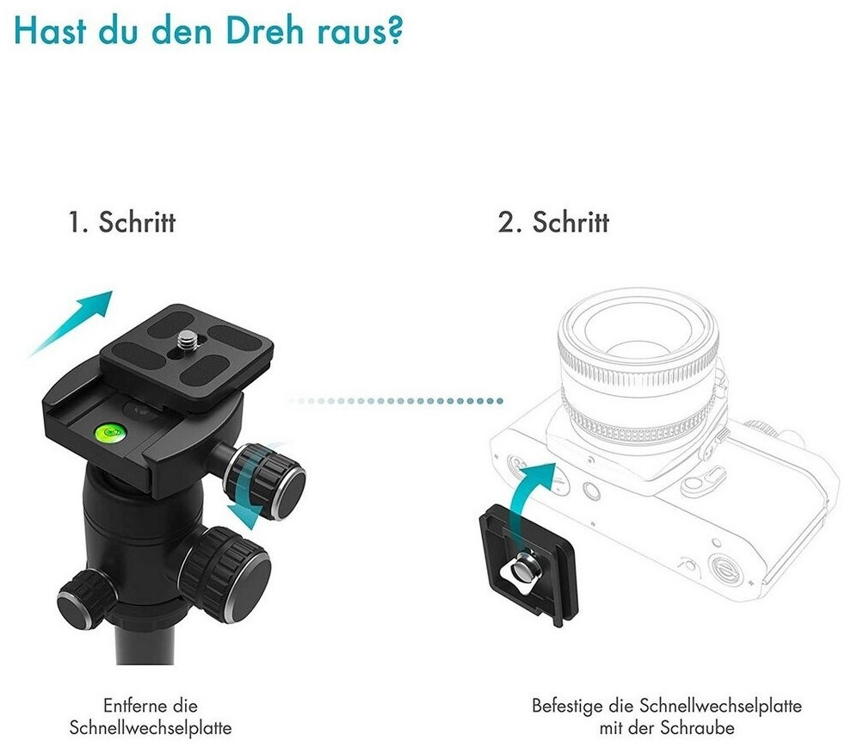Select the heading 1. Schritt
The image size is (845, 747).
pyautogui.click(x=122, y=221)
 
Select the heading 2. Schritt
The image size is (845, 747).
pyautogui.click(x=553, y=221)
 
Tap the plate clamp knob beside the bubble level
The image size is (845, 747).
pyautogui.click(x=265, y=481)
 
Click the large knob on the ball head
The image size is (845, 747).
pyautogui.click(x=225, y=575)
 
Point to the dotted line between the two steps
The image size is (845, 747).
pyautogui.click(x=396, y=401)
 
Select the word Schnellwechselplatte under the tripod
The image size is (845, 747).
pyautogui.click(x=151, y=728)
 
